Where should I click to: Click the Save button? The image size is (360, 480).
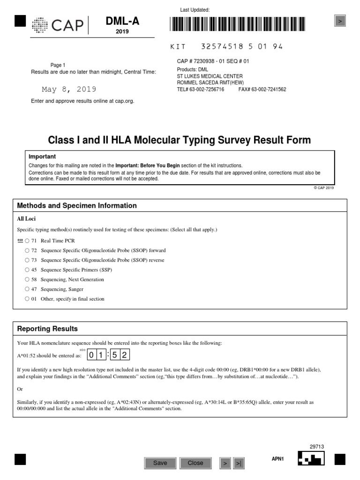(x=160, y=463)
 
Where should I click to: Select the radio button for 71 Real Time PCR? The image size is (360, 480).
(x=27, y=240)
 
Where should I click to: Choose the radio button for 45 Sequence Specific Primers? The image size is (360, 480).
(x=27, y=270)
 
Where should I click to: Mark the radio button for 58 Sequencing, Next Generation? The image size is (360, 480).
(x=27, y=279)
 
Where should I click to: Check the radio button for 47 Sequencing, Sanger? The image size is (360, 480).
(x=27, y=289)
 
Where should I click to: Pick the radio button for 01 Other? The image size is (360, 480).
(x=27, y=299)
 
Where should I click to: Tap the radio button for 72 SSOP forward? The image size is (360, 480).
(x=27, y=250)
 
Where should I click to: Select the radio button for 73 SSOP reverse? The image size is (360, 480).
(x=27, y=260)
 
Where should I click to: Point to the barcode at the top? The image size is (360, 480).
(x=237, y=24)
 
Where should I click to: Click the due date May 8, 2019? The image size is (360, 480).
(x=69, y=89)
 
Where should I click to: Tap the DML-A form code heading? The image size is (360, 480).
(x=122, y=21)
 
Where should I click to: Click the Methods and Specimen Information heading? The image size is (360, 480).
(x=77, y=206)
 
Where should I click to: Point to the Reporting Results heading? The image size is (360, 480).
(x=47, y=329)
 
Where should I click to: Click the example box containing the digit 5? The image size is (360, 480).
(x=114, y=355)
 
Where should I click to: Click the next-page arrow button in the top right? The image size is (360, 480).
(x=340, y=21)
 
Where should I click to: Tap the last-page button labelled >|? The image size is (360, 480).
(x=239, y=463)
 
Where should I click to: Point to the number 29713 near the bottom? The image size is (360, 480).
(x=317, y=447)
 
